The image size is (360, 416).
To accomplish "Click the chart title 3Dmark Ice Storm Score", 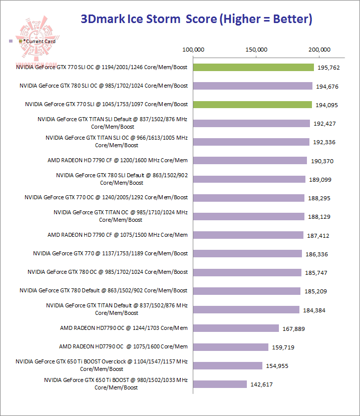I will pos(196,20).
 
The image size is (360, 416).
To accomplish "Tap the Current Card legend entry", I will pos(37,42).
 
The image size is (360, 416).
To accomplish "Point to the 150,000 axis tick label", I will pos(256,50).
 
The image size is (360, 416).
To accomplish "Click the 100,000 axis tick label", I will pos(193,50).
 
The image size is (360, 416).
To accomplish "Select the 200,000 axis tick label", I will pos(319,50).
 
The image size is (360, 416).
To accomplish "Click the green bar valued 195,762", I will pos(253,68).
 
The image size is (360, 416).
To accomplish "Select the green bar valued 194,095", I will pos(253,105).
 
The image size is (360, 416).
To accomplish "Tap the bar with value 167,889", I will pos(236,328).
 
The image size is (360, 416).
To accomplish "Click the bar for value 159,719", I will pos(231,347).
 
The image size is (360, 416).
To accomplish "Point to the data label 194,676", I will pos(327,87).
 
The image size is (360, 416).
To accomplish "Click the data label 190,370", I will pos(322,161).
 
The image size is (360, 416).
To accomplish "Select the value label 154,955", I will pos(278,366).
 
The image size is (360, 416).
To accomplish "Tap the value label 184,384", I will pos(314,310).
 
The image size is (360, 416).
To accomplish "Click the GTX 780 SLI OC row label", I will pos(104,86).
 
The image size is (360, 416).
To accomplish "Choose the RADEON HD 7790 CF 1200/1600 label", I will pos(117,160).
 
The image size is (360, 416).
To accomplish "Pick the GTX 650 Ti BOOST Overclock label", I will pos(102,365).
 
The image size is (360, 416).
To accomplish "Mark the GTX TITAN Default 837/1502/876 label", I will pos(117,309).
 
